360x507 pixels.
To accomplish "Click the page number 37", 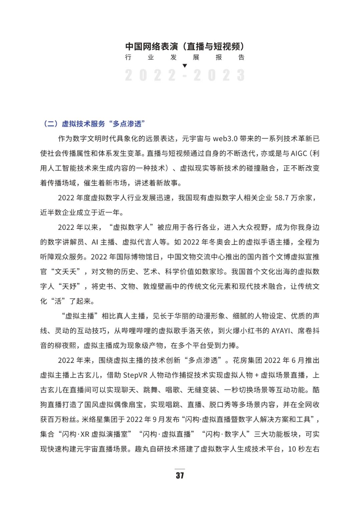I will coord(180,475).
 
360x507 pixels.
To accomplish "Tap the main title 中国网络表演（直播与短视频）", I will coord(185,46).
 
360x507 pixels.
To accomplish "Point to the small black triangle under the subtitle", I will coord(185,66).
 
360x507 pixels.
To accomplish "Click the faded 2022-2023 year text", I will coord(185,76).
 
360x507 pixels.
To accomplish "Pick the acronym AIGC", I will coord(299,154).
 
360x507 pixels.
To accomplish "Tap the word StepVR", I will coord(135,375).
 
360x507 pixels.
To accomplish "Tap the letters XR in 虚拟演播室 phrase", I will coord(85,434).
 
